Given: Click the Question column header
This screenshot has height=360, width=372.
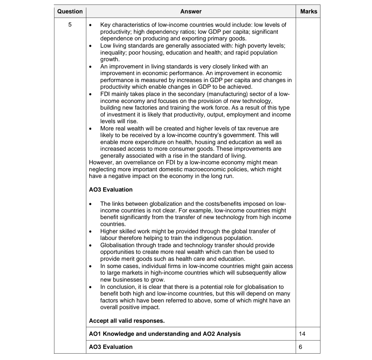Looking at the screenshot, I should tap(70, 11).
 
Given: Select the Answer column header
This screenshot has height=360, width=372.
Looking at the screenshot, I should tap(191, 11).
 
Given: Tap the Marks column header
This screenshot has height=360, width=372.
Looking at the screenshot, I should tap(308, 11).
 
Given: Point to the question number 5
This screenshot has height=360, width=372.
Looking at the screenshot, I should tap(70, 25).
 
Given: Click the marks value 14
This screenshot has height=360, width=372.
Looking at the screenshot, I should tap(302, 334).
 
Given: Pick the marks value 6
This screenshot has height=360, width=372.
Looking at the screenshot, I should tap(301, 347).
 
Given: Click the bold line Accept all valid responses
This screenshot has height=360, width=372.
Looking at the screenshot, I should tap(127, 321).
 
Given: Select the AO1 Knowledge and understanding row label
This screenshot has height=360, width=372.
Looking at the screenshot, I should tap(165, 334).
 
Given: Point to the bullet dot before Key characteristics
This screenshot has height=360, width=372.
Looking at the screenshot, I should tap(90, 25).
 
